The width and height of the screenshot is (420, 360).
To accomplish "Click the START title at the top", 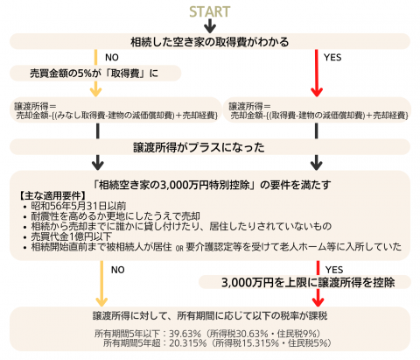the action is (x=210, y=11).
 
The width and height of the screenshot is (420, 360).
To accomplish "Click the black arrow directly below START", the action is (x=210, y=25).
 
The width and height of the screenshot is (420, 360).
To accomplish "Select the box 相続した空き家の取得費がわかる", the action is (x=210, y=42).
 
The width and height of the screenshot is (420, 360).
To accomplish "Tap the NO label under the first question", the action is (x=112, y=58).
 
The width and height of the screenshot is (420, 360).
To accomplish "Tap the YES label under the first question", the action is (x=332, y=58).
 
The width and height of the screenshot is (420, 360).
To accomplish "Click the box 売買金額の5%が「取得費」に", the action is (x=95, y=73).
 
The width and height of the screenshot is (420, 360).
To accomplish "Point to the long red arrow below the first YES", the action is (x=317, y=73).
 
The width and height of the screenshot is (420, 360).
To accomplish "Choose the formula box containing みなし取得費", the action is (x=115, y=110).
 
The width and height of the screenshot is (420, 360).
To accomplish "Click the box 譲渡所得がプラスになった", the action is (x=210, y=147).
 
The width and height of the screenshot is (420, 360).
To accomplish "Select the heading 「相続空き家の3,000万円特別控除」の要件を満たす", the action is (x=213, y=185).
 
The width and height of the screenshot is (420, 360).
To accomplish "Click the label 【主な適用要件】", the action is (x=52, y=195).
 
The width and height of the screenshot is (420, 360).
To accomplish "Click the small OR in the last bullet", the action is (x=179, y=249).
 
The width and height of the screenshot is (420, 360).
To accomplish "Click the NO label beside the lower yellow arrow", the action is (x=118, y=270).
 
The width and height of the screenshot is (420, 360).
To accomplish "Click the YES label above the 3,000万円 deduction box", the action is (x=334, y=270).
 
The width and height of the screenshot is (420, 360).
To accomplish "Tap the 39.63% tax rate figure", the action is (x=185, y=334).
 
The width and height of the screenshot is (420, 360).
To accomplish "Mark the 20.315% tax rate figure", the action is (x=188, y=343).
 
